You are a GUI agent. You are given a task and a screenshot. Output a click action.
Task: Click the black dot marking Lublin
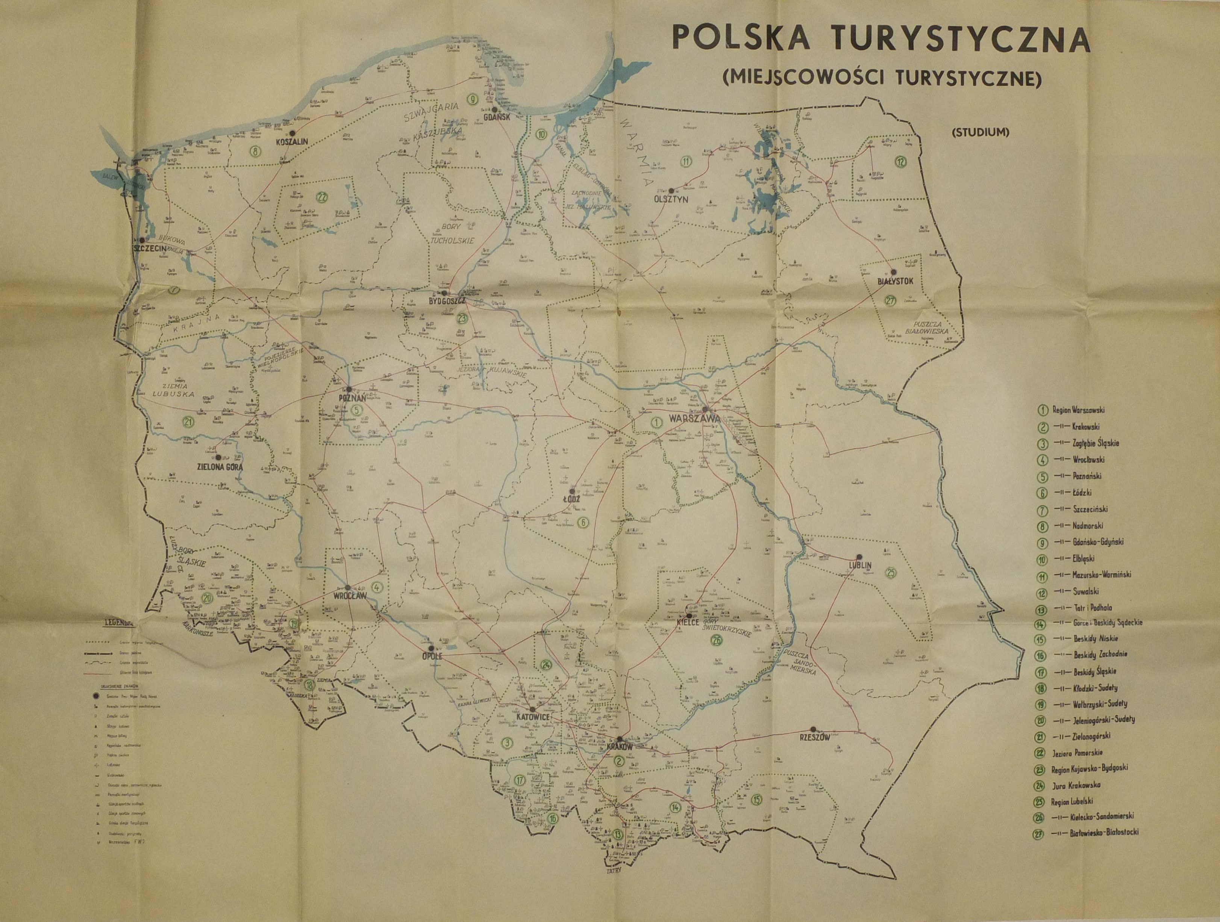pyautogui.click(x=859, y=557)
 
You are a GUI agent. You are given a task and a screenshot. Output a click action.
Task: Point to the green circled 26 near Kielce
pyautogui.click(x=717, y=641)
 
